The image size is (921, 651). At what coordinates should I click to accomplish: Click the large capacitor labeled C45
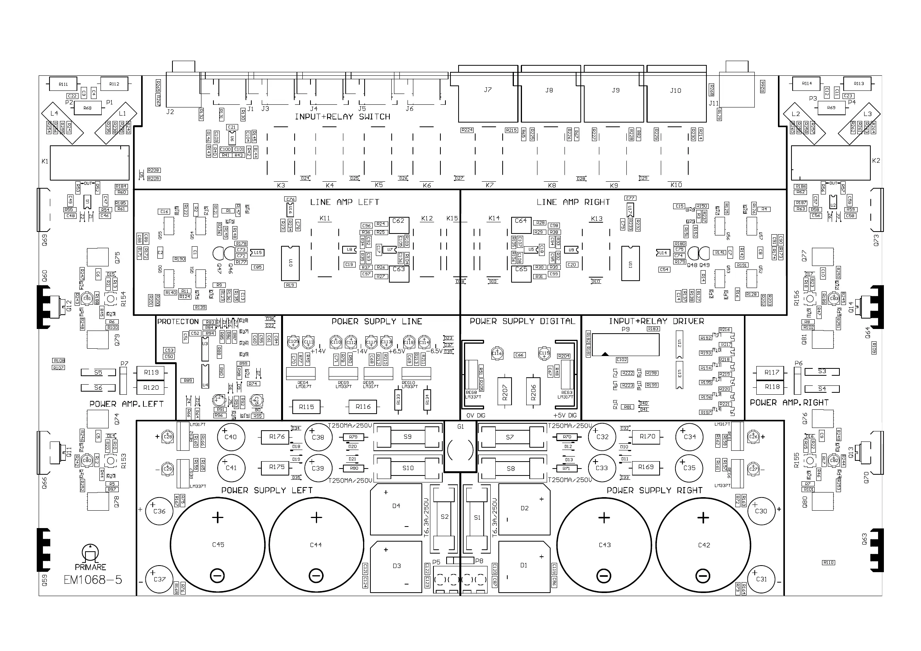(x=218, y=545)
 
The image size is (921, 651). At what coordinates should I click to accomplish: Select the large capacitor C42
(x=703, y=545)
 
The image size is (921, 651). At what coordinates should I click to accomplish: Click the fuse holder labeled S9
(x=408, y=437)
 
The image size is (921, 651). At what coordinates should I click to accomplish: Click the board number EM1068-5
(x=93, y=579)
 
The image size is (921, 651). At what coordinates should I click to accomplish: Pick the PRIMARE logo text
(x=90, y=567)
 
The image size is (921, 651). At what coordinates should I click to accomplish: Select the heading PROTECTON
(x=178, y=322)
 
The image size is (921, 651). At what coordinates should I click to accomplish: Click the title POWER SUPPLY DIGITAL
(x=522, y=321)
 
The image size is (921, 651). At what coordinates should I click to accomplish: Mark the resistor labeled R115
(x=307, y=407)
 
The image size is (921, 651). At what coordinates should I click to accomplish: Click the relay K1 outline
(x=89, y=162)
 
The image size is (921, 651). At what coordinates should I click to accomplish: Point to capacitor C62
(x=399, y=225)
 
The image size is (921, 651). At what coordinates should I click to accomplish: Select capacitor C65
(x=521, y=273)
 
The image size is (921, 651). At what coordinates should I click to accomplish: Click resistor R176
(x=277, y=437)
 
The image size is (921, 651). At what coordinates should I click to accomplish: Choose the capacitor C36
(x=159, y=511)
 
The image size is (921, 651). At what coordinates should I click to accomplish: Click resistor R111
(x=63, y=84)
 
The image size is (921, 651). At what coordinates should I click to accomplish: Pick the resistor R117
(x=772, y=372)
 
